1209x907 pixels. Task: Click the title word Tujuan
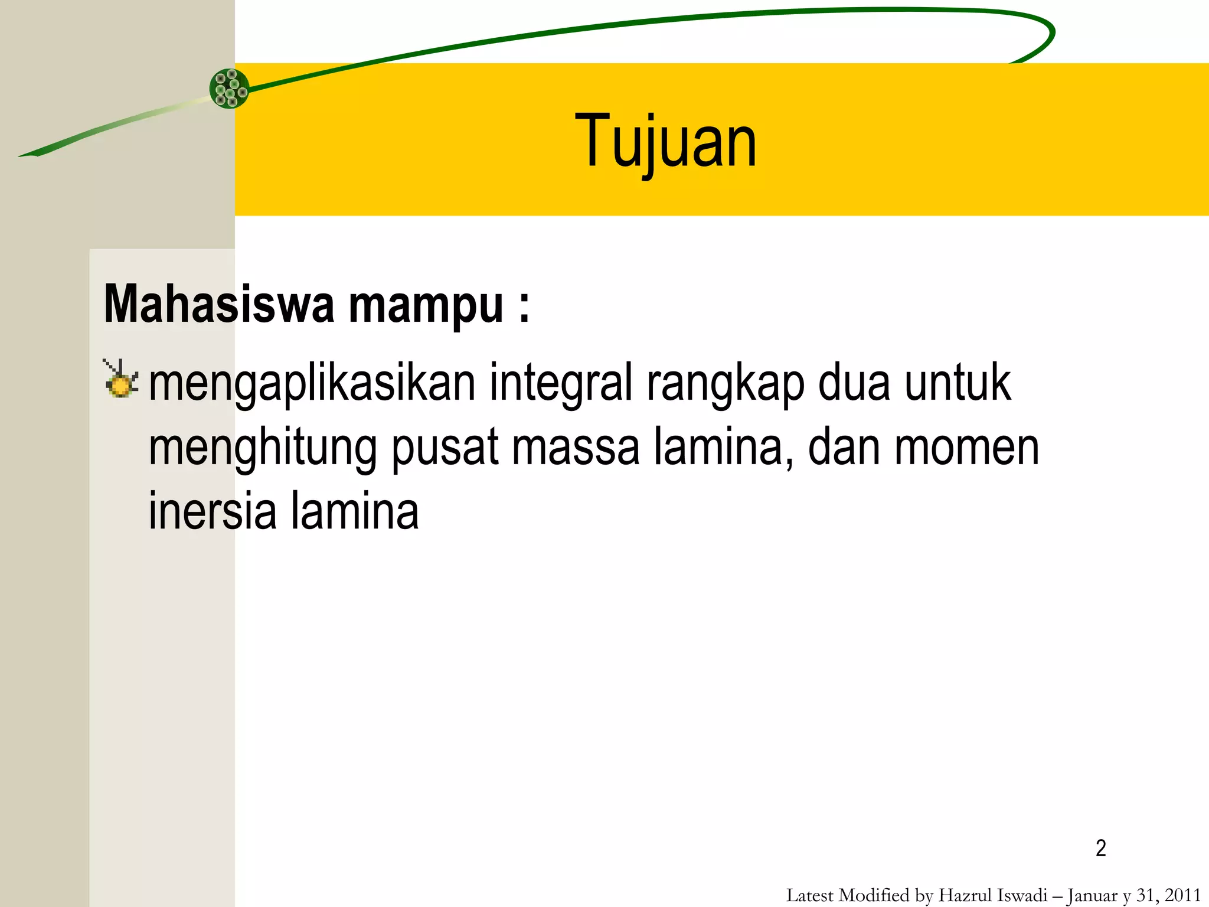[665, 142]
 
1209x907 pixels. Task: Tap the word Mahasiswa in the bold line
[219, 305]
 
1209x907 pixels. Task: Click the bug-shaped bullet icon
[120, 379]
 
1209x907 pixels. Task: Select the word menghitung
[263, 449]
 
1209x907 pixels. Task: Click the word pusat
[445, 449]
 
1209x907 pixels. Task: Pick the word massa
[576, 449]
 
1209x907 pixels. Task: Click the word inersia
[212, 511]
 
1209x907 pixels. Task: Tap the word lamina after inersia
[354, 511]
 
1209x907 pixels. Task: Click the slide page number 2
[1100, 849]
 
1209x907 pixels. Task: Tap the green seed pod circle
[229, 89]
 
